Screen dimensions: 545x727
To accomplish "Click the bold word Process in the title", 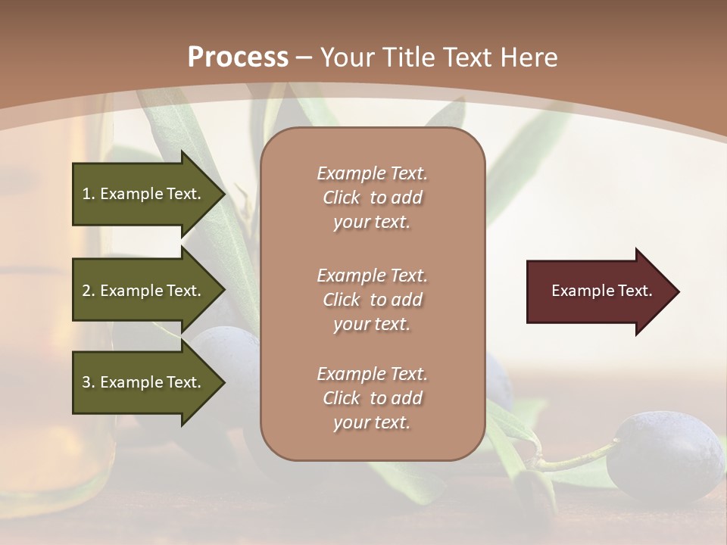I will click(238, 57).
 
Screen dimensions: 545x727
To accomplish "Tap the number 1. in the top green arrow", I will click(88, 194).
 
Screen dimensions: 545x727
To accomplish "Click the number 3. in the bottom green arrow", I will click(88, 382).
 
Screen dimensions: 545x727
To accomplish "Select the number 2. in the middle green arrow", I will click(88, 291).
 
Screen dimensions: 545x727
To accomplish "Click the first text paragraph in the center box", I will click(372, 198).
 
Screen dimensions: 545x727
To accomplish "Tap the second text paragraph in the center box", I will click(372, 300).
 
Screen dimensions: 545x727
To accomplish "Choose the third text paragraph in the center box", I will click(372, 398).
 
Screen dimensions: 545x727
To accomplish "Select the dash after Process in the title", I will click(304, 58).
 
